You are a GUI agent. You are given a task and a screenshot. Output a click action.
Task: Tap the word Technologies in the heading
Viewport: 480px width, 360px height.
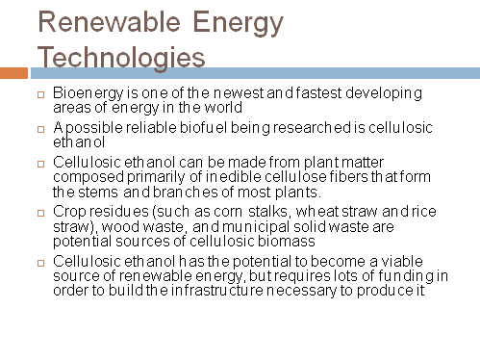point(121,56)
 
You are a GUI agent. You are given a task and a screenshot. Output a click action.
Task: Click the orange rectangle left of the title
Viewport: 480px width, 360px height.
point(13,72)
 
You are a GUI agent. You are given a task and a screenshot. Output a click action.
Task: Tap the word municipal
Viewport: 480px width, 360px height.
point(259,224)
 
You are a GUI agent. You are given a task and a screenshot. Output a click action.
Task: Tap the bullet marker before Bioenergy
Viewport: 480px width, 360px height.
point(40,93)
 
